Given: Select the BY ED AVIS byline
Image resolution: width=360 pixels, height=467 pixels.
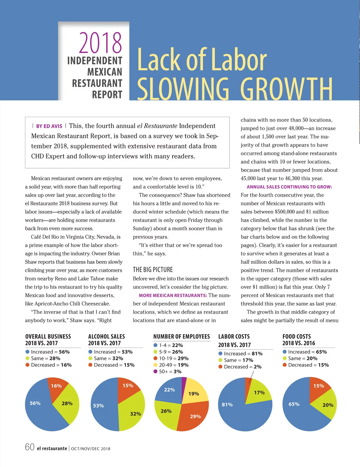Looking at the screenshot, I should click(49, 126).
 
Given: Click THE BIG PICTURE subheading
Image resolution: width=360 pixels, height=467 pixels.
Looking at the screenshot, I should click(153, 269).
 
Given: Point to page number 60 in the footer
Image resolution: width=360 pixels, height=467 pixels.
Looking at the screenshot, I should click(30, 447).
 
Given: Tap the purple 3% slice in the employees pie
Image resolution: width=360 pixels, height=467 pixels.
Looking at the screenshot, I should click(184, 384).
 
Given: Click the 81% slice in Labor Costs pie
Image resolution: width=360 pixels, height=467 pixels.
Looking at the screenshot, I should click(237, 411).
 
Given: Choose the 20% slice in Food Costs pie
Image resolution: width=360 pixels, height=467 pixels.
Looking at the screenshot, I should click(325, 405).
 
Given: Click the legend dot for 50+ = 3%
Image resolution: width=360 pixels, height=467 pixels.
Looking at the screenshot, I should click(155, 371).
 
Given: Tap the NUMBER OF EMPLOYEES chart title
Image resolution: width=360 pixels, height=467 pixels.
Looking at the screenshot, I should click(181, 337).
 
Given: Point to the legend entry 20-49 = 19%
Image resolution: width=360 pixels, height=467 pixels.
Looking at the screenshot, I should click(173, 365).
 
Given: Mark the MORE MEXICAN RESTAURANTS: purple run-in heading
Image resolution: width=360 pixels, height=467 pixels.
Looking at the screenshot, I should click(173, 295).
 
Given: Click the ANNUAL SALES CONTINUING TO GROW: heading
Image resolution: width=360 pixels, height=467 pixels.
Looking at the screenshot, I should click(289, 187).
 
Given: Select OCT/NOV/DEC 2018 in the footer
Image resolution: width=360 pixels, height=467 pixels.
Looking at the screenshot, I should click(91, 449).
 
